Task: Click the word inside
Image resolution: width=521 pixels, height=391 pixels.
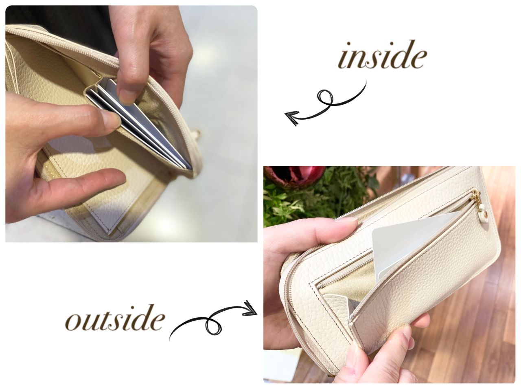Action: [382, 55]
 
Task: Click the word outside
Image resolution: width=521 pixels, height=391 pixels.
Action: [115, 317]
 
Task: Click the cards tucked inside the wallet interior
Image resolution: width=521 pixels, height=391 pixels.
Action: [140, 123]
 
